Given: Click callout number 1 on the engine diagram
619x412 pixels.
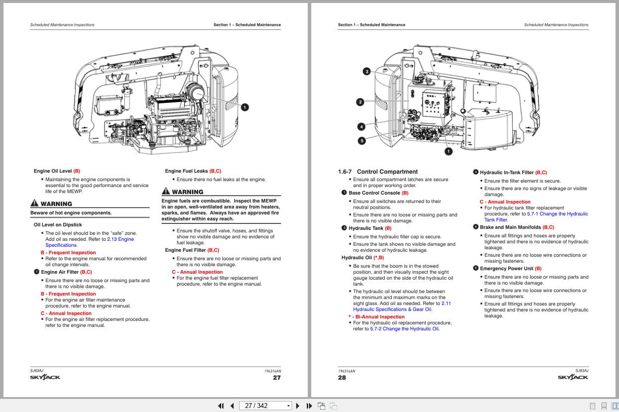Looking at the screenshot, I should click(x=245, y=107).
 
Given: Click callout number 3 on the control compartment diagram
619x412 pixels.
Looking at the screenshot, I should click(x=367, y=71).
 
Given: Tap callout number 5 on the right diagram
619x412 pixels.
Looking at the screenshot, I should click(x=361, y=141).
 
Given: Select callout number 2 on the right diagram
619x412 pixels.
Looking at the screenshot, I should click(x=360, y=102).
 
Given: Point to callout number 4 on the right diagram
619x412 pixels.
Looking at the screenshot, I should click(x=361, y=126).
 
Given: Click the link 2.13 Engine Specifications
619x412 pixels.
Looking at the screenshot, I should click(x=120, y=239).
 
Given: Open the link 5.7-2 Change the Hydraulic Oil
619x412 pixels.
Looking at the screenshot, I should click(x=404, y=329).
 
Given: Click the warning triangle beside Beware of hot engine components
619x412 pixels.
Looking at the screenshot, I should click(x=34, y=203).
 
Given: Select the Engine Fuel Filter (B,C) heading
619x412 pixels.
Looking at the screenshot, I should click(x=192, y=250).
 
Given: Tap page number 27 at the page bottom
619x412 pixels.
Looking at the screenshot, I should click(x=277, y=378).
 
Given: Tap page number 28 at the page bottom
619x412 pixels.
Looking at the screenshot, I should click(x=342, y=378).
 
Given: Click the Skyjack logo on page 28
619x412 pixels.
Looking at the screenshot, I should click(x=573, y=377).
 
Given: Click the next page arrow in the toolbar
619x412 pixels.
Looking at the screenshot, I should click(x=298, y=406).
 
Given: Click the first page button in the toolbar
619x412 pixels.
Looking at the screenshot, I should click(x=221, y=406).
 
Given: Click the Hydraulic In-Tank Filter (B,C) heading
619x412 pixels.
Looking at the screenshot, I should click(x=513, y=173).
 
